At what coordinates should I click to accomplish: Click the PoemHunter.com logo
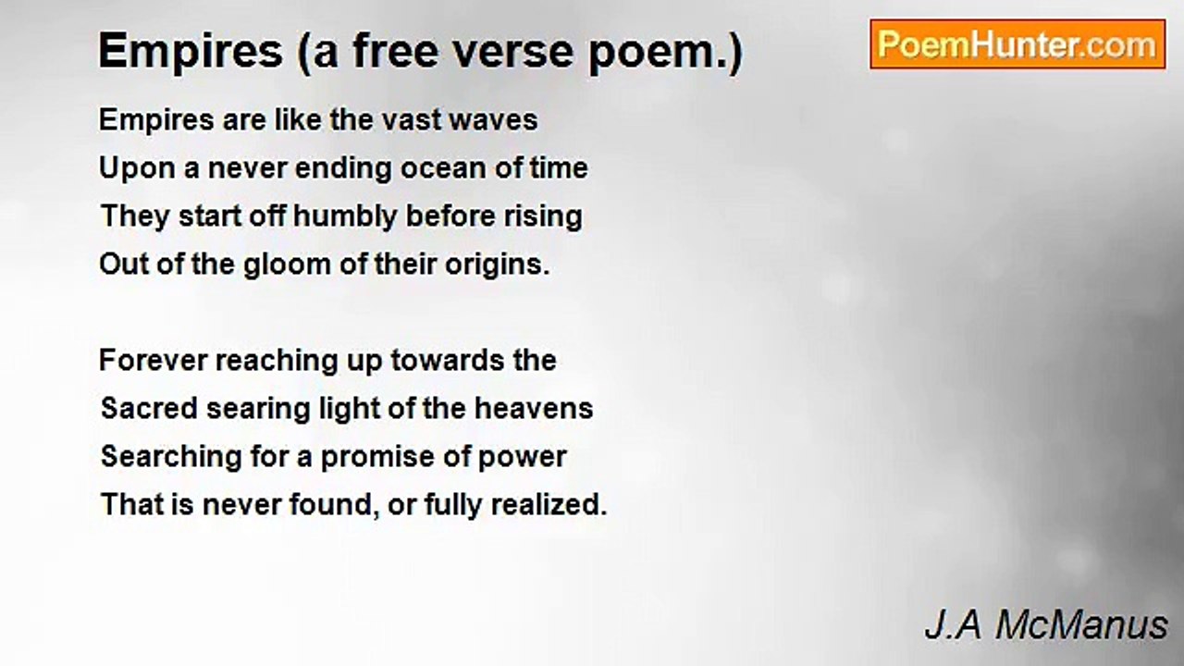(x=1017, y=44)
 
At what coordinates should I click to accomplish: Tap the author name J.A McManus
(x=1046, y=626)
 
